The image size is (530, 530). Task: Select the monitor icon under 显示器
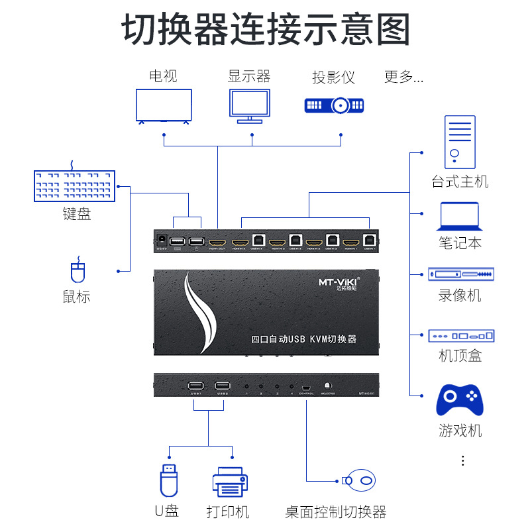pos(249,107)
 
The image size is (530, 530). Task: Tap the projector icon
pos(334,105)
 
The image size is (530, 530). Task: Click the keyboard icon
pos(75,185)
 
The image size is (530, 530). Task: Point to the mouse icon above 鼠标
pos(78,272)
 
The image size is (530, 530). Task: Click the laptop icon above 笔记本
pos(459,217)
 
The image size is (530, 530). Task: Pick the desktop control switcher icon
pos(359,480)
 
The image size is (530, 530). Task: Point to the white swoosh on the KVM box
pos(201,311)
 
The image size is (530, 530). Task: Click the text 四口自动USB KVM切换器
pos(304,339)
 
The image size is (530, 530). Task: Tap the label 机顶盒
pos(460,356)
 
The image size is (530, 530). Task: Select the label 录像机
pos(460,295)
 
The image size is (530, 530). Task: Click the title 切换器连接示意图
pos(265,30)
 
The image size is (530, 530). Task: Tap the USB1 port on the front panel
pos(195,387)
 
